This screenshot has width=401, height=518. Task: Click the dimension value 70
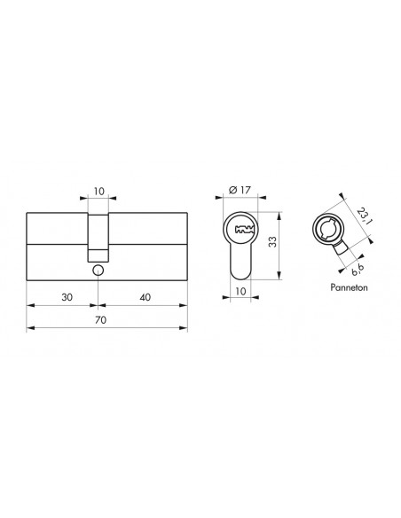coord(101,320)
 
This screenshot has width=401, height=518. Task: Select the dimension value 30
coord(67,297)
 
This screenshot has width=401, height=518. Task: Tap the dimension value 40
coord(145,297)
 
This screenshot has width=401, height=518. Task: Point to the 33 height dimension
coord(272,242)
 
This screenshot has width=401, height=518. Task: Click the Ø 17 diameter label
coord(240,191)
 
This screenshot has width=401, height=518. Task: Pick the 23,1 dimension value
coord(364,216)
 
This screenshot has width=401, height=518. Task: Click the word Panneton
coord(349,287)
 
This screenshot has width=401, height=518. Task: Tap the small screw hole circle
coord(98,271)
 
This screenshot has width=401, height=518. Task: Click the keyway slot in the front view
coord(245,230)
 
